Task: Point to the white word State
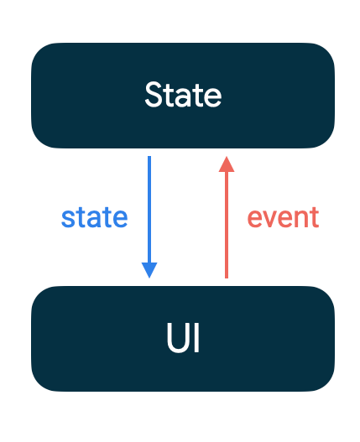(x=183, y=95)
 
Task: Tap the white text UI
(x=182, y=340)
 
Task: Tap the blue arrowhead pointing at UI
(x=149, y=270)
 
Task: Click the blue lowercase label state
(x=94, y=217)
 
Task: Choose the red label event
(x=283, y=217)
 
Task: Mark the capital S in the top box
(x=154, y=95)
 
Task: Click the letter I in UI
(x=196, y=340)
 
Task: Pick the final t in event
(x=314, y=217)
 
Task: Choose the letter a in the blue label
(x=94, y=219)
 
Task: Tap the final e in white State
(x=213, y=96)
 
